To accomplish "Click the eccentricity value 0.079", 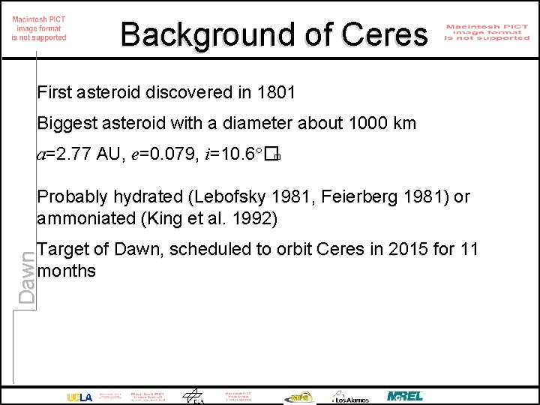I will coord(168,155).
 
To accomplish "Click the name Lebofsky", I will coord(225,197).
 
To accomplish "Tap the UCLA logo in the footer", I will coord(79,397).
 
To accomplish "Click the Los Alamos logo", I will coord(350,397).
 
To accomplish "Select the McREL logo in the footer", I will coord(405,396).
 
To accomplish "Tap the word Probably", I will coord(70,197).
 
